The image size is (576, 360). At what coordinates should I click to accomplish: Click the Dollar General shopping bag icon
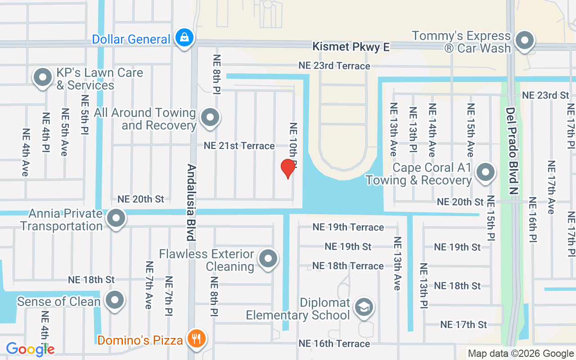pos(184,38)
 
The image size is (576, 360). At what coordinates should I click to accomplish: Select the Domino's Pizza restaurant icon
pos(197,338)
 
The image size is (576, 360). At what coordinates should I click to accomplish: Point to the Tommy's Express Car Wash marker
pos(524,41)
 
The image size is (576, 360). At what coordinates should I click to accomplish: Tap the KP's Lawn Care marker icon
pos(43,77)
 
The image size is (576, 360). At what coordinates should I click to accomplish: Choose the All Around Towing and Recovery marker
pos(210,118)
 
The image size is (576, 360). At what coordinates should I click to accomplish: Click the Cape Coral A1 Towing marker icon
pos(486,172)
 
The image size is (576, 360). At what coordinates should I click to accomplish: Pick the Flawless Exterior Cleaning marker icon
pos(269,259)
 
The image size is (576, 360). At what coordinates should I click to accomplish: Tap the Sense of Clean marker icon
pos(114,300)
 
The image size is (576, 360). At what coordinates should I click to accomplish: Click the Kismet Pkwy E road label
pos(351,46)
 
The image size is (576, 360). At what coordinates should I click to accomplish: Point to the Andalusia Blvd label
pos(191,202)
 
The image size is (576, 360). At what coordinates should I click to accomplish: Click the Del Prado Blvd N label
pos(513,151)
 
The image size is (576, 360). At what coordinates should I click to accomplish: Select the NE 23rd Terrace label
pos(334,66)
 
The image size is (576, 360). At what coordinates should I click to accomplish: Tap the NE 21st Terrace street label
pos(239,146)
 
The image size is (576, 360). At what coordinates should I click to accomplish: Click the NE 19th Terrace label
pos(348,227)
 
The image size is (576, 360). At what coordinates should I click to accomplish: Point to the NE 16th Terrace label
pos(334,344)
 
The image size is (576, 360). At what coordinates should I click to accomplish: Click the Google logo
pos(30,349)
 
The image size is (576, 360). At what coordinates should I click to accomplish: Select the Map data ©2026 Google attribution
pos(521,354)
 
